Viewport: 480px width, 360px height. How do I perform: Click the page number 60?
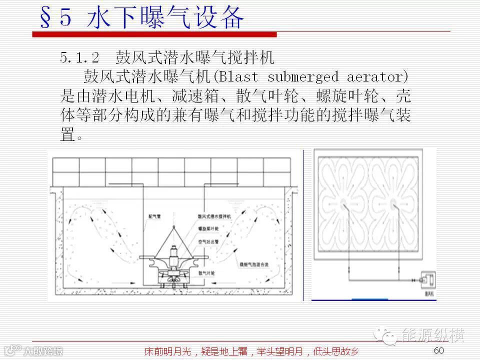pyautogui.click(x=439, y=349)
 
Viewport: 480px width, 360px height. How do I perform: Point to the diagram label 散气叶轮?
pyautogui.click(x=206, y=273)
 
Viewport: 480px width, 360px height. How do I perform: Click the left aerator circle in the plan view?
pyautogui.click(x=344, y=204)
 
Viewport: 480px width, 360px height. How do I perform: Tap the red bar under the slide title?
pyautogui.click(x=154, y=34)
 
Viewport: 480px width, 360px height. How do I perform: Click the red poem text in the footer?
pyautogui.click(x=251, y=351)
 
